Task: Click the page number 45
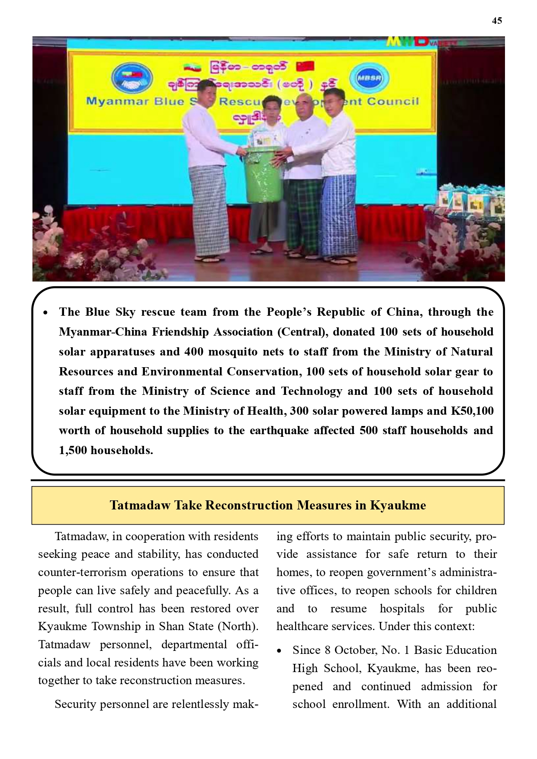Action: coord(497,21)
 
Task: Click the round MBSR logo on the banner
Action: coord(369,78)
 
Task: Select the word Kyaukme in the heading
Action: coord(398,505)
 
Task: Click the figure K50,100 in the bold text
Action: coord(472,411)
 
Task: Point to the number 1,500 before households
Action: coord(72,450)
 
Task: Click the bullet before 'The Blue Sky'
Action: coord(46,313)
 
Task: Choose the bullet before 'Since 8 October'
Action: coord(280,651)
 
